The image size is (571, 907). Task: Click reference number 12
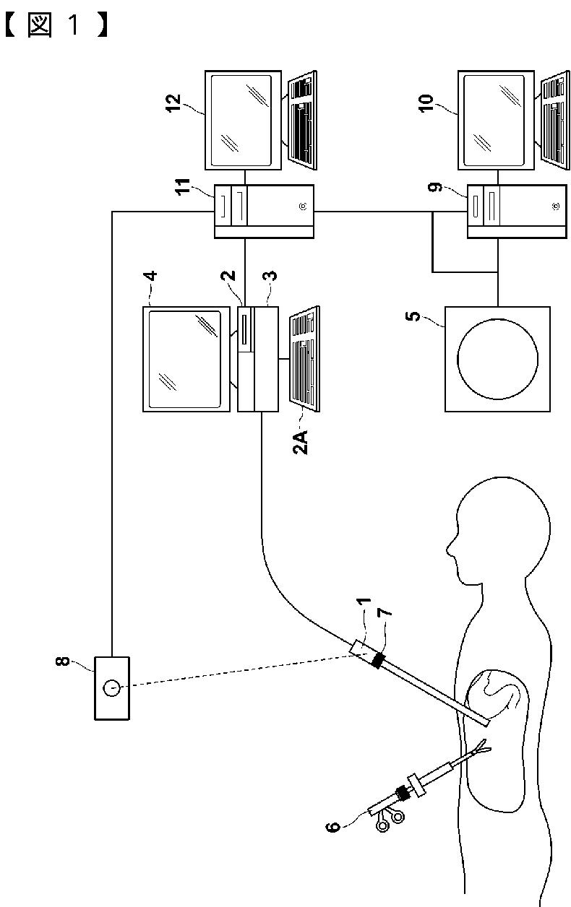173,103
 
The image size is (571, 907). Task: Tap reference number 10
426,103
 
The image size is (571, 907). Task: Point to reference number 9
435,187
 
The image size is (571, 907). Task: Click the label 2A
300,442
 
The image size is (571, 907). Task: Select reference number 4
150,276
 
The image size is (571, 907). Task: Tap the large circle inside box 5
498,359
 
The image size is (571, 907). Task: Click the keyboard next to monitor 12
302,121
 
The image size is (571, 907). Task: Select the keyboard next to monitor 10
556,121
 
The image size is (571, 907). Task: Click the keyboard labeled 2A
305,359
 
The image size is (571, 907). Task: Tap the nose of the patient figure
450,550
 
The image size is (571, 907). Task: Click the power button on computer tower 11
303,207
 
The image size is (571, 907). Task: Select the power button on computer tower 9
556,207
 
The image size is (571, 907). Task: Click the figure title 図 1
56,25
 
